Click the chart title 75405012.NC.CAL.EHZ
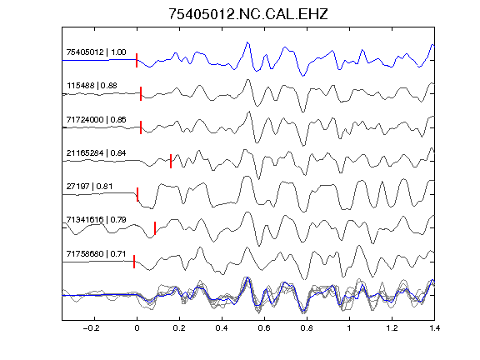tap(248, 14)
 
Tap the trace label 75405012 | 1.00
tap(96, 52)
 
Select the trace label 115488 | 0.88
tap(92, 86)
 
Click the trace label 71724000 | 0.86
tap(96, 120)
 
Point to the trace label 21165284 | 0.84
tap(96, 153)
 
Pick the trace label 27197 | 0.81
tap(89, 187)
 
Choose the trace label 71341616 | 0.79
tap(96, 220)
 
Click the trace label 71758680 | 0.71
tap(96, 254)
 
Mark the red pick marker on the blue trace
tap(137, 60)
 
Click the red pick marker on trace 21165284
tap(171, 161)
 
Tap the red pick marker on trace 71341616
tap(155, 228)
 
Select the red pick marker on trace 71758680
tap(134, 262)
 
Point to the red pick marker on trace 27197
tap(137, 194)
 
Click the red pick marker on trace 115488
tap(141, 93)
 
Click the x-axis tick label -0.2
tap(91, 328)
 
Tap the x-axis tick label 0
tap(137, 328)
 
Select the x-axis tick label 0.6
tap(264, 328)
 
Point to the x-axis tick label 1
tap(349, 328)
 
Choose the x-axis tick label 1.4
tap(434, 328)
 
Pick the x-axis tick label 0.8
tap(307, 328)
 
